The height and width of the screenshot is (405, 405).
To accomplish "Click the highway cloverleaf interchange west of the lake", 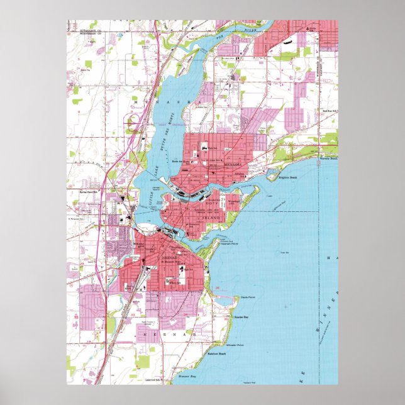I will pyautogui.click(x=134, y=123).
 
